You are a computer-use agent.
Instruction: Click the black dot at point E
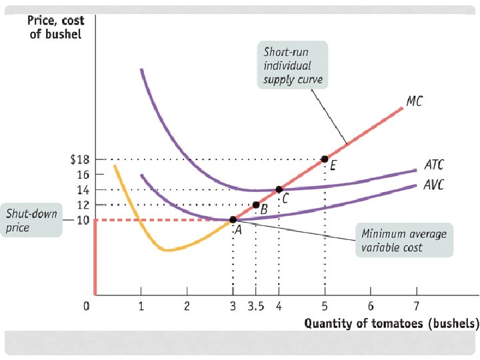pyautogui.click(x=325, y=159)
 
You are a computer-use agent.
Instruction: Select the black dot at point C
pyautogui.click(x=279, y=189)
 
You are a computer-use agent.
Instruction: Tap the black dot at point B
pyautogui.click(x=255, y=205)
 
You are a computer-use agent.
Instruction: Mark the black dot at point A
pyautogui.click(x=233, y=219)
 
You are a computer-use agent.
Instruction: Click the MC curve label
pyautogui.click(x=414, y=101)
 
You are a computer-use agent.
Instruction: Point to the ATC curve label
pyautogui.click(x=433, y=164)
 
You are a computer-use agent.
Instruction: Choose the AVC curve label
pyautogui.click(x=434, y=185)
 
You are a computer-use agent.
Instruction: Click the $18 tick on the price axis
pyautogui.click(x=79, y=159)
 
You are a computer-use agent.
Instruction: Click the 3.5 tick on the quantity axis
pyautogui.click(x=255, y=307)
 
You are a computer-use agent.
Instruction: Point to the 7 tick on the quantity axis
pyautogui.click(x=417, y=307)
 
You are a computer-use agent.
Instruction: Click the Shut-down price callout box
pyautogui.click(x=31, y=220)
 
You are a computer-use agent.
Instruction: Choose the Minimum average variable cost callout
pyautogui.click(x=403, y=241)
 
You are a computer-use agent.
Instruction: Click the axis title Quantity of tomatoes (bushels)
pyautogui.click(x=391, y=325)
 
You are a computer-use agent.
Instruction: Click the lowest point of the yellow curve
pyautogui.click(x=167, y=250)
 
